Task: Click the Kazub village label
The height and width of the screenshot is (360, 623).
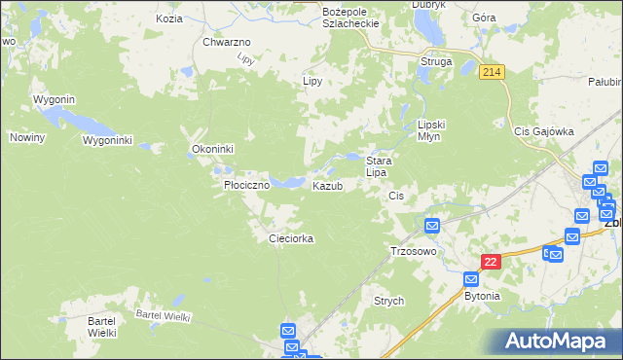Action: [x=327, y=186]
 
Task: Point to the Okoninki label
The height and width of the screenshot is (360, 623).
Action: [x=213, y=149]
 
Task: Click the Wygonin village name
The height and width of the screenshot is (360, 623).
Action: [x=55, y=99]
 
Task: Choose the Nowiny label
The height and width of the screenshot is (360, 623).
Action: [x=28, y=137]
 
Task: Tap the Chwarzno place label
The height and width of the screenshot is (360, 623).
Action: [x=227, y=42]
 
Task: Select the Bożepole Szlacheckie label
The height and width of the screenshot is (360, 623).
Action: [x=348, y=16]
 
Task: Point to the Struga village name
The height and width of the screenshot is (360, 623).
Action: [x=435, y=61]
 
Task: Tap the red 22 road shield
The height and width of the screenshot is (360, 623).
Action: [x=492, y=263]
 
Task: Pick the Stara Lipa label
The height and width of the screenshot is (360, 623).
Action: [x=378, y=165]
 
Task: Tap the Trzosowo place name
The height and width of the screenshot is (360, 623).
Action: [x=412, y=250]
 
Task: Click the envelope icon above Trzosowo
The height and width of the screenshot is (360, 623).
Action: [x=432, y=227]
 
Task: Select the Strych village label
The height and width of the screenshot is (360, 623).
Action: [x=388, y=302]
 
